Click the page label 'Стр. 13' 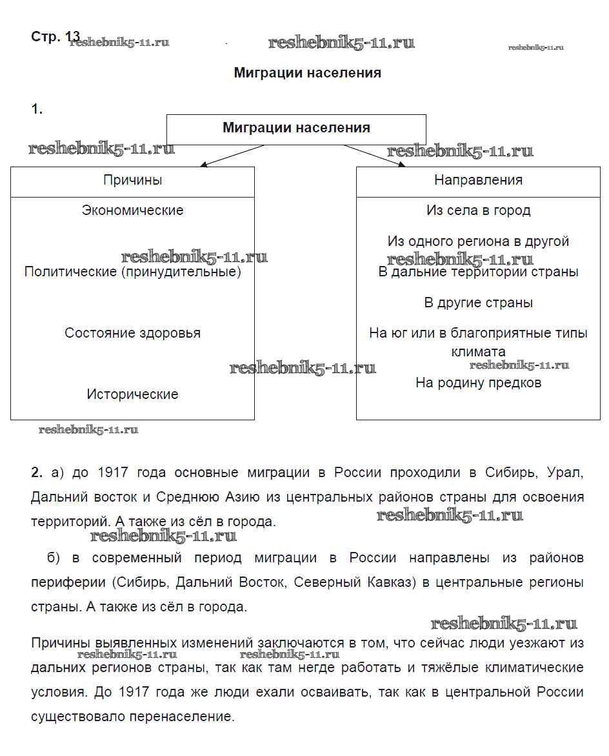click(55, 37)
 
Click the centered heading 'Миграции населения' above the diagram click(307, 73)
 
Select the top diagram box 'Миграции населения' click(296, 128)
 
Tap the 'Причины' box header click(132, 180)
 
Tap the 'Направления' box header click(478, 180)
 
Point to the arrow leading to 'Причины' click(232, 156)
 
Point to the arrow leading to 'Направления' click(374, 156)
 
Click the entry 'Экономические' click(132, 210)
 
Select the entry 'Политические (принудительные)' click(132, 272)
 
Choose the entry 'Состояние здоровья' click(132, 333)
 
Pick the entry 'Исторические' click(132, 394)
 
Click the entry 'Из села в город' click(478, 210)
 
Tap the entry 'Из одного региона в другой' click(478, 241)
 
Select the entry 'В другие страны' click(478, 303)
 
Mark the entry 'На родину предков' click(478, 383)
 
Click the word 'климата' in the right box click(478, 352)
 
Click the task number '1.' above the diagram click(37, 109)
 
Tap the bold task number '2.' click(37, 473)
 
